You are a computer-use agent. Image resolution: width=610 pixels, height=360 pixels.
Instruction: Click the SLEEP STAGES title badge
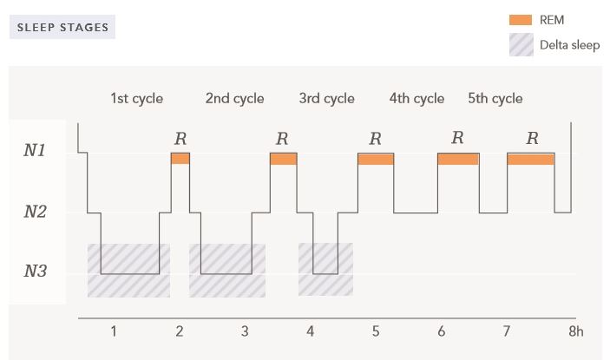click(62, 27)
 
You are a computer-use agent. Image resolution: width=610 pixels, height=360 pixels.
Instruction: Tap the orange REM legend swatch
click(521, 20)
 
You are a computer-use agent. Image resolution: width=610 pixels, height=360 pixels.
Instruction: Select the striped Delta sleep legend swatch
click(521, 45)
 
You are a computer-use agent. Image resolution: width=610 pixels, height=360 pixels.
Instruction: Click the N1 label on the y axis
click(35, 151)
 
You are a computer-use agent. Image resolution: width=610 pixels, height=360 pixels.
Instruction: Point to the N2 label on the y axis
click(35, 211)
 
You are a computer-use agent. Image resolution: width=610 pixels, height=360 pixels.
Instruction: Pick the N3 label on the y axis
click(35, 272)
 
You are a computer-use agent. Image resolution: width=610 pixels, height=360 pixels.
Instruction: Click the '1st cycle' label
click(136, 98)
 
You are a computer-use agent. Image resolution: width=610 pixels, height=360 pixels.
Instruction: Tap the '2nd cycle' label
click(234, 98)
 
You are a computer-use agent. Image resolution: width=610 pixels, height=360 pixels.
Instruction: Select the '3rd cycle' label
click(326, 98)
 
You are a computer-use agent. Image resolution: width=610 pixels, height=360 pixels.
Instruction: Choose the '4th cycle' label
click(417, 98)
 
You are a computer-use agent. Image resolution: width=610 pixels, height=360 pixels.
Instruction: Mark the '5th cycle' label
click(495, 98)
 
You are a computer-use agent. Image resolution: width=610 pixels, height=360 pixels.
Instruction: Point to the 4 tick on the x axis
click(310, 331)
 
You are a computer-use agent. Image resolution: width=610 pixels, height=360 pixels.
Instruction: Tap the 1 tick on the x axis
click(114, 331)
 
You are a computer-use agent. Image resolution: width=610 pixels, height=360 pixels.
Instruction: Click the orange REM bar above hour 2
click(180, 159)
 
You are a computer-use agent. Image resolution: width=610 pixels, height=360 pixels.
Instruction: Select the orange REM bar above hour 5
click(376, 160)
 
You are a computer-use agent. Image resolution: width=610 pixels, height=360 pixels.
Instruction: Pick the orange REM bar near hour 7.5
click(530, 160)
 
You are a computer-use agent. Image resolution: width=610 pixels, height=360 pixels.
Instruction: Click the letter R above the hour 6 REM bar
click(457, 137)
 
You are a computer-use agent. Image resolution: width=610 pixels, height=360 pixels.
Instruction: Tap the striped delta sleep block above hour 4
click(325, 270)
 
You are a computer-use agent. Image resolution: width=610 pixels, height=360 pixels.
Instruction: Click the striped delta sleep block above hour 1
click(128, 271)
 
